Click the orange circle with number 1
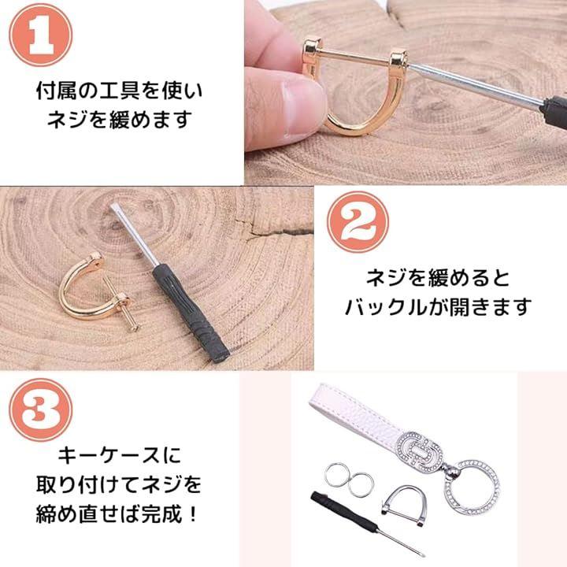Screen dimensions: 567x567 40,35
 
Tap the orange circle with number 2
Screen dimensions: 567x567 358,222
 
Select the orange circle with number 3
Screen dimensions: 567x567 40,409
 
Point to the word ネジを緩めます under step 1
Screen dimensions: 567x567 120,120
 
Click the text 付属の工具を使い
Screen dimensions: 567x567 120,91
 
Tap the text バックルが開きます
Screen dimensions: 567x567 439,307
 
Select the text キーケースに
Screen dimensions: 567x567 120,455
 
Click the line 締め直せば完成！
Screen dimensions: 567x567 117,513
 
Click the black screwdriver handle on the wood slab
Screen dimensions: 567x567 191,313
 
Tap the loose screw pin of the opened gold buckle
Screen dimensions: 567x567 120,304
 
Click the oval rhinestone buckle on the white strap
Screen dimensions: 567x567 421,452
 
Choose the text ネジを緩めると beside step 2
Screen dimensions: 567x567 439,279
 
